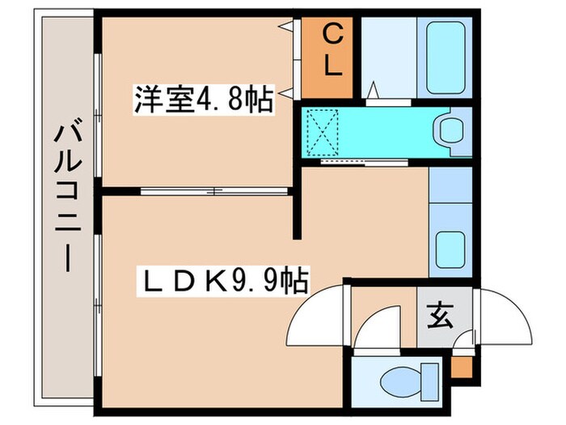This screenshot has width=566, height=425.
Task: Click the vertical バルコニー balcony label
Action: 65,199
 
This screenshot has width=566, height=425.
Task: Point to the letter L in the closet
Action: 332,66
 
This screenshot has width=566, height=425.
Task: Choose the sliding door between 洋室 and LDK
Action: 214,192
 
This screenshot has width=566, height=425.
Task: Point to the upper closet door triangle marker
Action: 288,27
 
